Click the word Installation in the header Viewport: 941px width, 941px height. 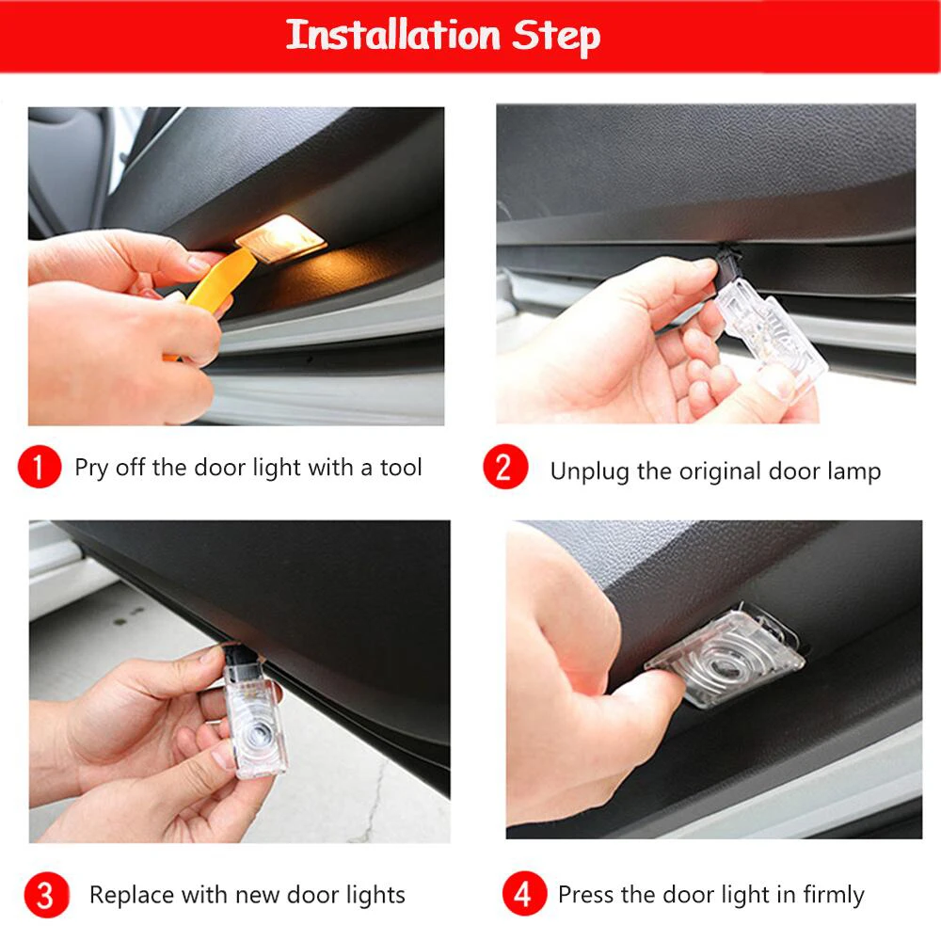(x=393, y=36)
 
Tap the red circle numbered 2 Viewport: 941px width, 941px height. (x=505, y=468)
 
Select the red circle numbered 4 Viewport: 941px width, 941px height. (x=520, y=894)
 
